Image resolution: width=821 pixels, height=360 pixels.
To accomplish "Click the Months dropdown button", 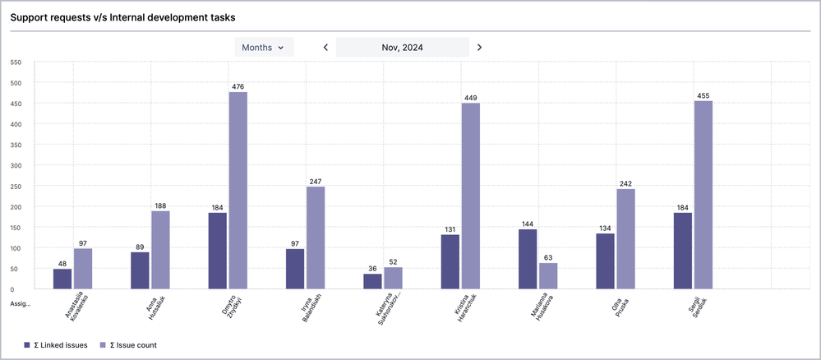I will pyautogui.click(x=263, y=48).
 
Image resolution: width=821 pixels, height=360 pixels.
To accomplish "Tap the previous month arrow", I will pyautogui.click(x=325, y=48).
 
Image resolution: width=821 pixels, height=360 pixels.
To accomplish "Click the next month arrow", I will pyautogui.click(x=480, y=48).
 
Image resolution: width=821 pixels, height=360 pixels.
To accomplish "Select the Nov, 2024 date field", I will pyautogui.click(x=403, y=48).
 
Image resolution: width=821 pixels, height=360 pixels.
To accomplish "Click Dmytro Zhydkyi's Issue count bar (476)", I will pyautogui.click(x=238, y=191).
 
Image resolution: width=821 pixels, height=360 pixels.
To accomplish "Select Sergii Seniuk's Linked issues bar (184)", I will pyautogui.click(x=683, y=251).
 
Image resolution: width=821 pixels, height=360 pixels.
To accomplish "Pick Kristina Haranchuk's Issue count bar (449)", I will pyautogui.click(x=470, y=196).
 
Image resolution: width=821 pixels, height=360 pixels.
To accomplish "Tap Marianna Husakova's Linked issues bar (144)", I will pyautogui.click(x=528, y=259).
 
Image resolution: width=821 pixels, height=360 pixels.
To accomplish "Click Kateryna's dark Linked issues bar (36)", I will pyautogui.click(x=372, y=281).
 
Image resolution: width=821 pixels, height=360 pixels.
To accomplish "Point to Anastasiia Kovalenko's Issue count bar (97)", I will pyautogui.click(x=83, y=269).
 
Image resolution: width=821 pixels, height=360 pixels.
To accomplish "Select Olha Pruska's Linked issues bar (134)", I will pyautogui.click(x=605, y=261).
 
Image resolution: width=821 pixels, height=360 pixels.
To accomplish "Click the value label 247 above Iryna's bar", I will pyautogui.click(x=316, y=181).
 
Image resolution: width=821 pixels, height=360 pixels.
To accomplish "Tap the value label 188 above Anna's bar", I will pyautogui.click(x=160, y=205).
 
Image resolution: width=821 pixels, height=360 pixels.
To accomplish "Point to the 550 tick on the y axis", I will pyautogui.click(x=15, y=62).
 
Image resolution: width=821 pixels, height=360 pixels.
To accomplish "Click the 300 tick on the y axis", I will pyautogui.click(x=15, y=165).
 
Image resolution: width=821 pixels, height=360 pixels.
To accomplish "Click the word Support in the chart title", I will pyautogui.click(x=30, y=16).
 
